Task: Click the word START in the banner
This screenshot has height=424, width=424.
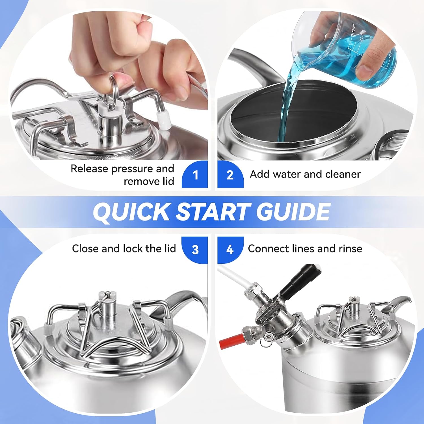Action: pos(213,212)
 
